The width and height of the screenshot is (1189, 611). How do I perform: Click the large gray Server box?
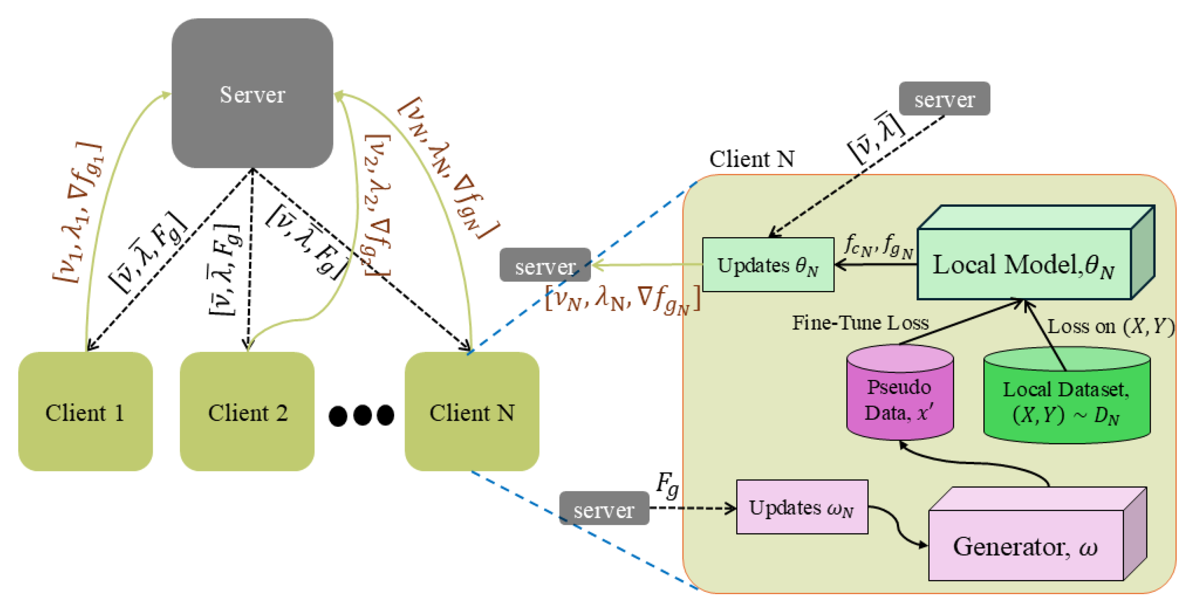pos(252,94)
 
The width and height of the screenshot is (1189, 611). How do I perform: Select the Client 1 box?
pos(85,412)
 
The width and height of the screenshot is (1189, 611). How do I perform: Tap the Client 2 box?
pos(247,412)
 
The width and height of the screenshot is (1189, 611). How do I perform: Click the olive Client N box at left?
pos(472,412)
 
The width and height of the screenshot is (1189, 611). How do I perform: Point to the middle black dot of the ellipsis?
pos(362,415)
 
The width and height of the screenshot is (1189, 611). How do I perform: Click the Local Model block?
pos(1024,264)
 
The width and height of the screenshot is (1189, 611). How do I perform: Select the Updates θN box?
pos(768,265)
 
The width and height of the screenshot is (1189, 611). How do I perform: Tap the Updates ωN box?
pos(802,507)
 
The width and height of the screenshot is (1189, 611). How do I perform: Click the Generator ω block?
pos(1026,546)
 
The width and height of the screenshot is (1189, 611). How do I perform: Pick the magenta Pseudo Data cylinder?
pos(900,398)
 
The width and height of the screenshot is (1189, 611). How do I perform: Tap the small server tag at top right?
pos(944,99)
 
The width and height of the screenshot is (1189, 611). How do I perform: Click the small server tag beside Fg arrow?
pos(604,509)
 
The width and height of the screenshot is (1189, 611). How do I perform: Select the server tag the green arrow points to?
pos(545,265)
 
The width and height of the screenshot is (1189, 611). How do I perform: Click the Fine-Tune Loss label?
pos(860,323)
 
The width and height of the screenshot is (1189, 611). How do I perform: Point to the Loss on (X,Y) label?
pos(1110,326)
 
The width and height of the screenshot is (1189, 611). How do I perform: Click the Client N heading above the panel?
pos(751,159)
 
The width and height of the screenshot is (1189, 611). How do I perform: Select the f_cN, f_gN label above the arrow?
pos(879,246)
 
